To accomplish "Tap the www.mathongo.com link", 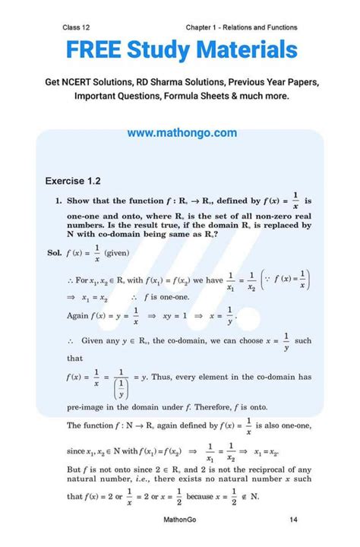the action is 182,132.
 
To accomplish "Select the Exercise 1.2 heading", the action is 73,181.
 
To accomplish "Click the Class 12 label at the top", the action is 77,27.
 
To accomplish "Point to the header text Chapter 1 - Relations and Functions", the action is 241,27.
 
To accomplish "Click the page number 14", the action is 293,520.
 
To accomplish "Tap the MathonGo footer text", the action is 180,520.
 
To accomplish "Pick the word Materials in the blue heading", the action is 246,51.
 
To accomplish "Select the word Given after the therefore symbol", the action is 93,341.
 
